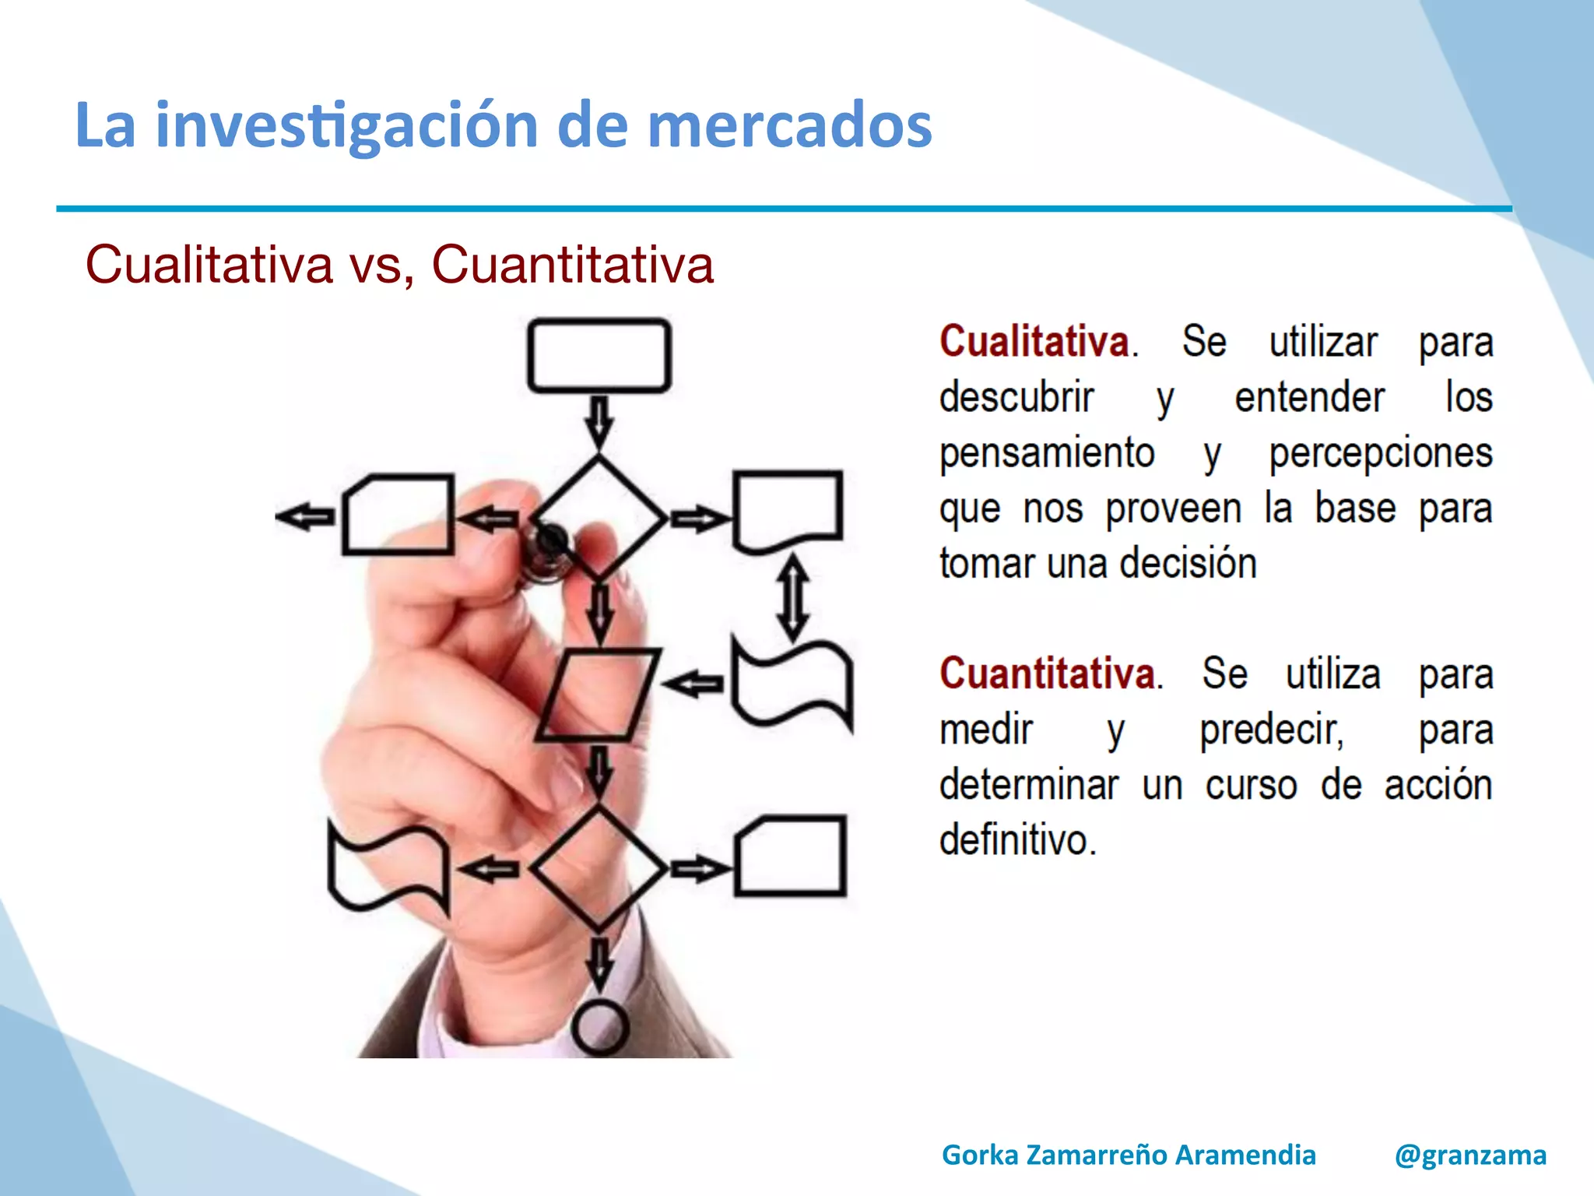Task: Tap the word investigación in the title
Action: [346, 126]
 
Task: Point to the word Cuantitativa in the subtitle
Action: [572, 265]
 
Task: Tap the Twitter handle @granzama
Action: [1470, 1155]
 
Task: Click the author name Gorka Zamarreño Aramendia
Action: [1129, 1155]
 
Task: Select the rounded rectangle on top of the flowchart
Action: [599, 355]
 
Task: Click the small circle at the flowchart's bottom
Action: [599, 1028]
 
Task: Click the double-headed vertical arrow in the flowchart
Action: [792, 596]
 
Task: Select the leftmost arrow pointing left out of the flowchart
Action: [305, 516]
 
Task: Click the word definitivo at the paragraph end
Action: [1017, 840]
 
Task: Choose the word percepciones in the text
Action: [1381, 453]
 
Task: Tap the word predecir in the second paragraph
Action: [1271, 730]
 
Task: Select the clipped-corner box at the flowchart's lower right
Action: [789, 856]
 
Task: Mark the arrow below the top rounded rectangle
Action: [599, 422]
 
